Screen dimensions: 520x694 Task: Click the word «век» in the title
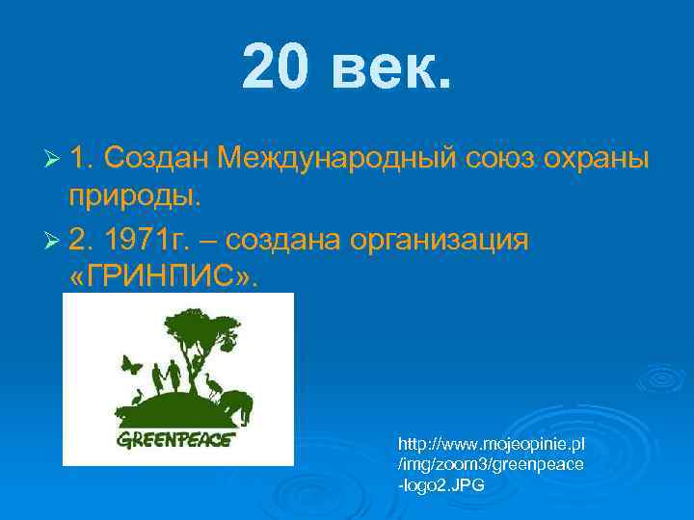(390, 68)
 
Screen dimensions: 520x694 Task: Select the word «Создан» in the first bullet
(155, 157)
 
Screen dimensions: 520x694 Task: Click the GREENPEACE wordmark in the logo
(174, 442)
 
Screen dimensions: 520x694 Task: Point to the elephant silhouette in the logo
(238, 404)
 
